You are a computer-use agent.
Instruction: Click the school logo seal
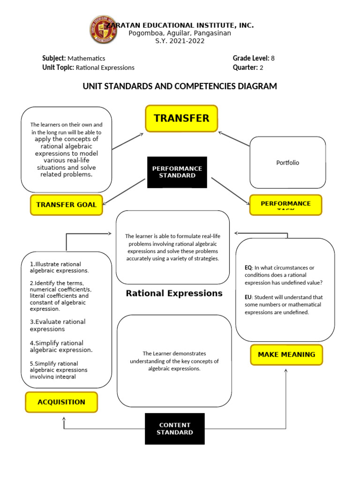(x=103, y=30)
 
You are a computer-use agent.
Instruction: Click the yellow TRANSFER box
(x=181, y=119)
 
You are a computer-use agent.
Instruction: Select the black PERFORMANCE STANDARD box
(x=177, y=172)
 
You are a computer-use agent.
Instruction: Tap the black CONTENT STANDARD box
(x=175, y=428)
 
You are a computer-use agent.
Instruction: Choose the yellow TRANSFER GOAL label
(x=66, y=205)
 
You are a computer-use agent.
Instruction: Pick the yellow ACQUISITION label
(x=61, y=402)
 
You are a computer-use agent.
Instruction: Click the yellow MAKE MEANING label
(x=286, y=354)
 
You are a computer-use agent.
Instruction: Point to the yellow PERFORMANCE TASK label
(x=285, y=205)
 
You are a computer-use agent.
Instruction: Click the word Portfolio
(x=287, y=163)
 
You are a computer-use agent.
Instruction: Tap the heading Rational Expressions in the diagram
(x=174, y=293)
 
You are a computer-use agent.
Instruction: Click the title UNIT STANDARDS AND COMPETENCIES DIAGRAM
(x=180, y=86)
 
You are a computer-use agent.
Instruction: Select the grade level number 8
(x=272, y=58)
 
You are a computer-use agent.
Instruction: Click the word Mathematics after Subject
(x=86, y=59)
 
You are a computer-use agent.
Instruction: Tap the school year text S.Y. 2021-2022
(x=180, y=41)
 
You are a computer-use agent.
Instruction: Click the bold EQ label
(x=248, y=268)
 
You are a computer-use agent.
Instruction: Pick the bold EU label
(x=248, y=297)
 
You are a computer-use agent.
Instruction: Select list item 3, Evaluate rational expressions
(x=58, y=325)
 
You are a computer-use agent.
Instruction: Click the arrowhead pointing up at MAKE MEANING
(x=286, y=370)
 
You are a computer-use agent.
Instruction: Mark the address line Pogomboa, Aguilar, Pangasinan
(x=180, y=33)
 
